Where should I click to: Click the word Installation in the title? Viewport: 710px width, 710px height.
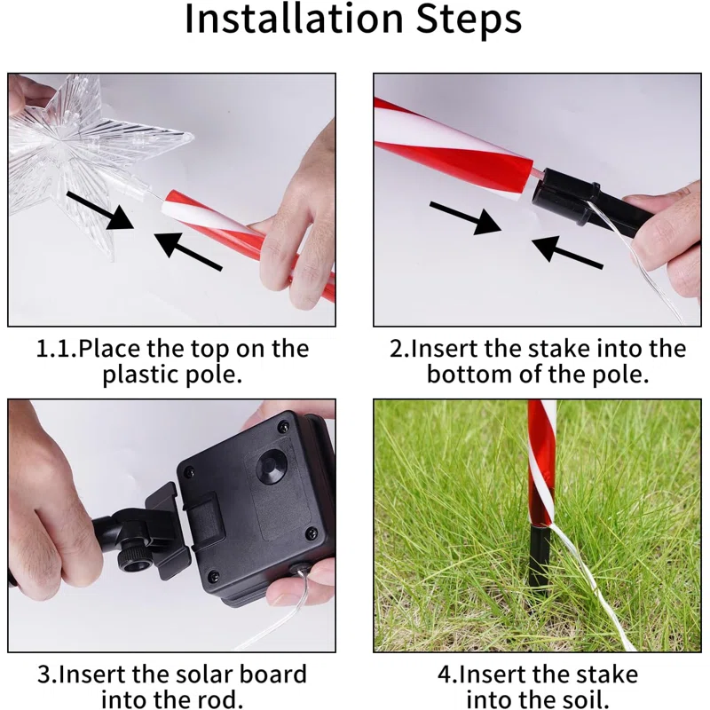coord(294,19)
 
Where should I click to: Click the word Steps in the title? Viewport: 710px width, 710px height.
coord(469,20)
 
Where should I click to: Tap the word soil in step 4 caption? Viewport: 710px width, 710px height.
coord(585,699)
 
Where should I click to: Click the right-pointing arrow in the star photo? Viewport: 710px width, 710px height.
coord(100,211)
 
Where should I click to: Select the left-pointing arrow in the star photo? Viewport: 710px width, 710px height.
coord(188,251)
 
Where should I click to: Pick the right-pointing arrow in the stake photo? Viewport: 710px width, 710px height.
coord(466,218)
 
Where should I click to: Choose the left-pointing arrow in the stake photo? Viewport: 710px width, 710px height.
coord(567,250)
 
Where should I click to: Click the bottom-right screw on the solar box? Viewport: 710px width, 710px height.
coord(312,533)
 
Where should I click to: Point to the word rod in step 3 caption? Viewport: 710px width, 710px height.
coord(217,699)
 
